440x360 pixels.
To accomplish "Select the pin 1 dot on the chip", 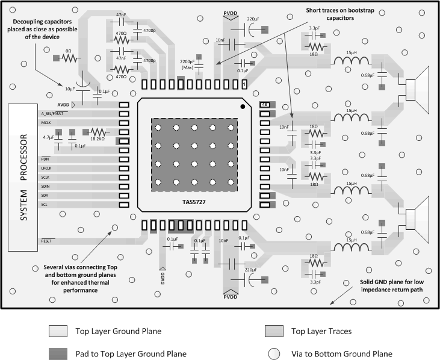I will pyautogui.click(x=243, y=107).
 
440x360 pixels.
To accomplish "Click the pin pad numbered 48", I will pyautogui.click(x=264, y=105).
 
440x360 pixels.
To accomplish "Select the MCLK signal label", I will pyautogui.click(x=46, y=123).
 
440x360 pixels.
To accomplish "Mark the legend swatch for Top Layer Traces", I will pyautogui.click(x=273, y=331).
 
